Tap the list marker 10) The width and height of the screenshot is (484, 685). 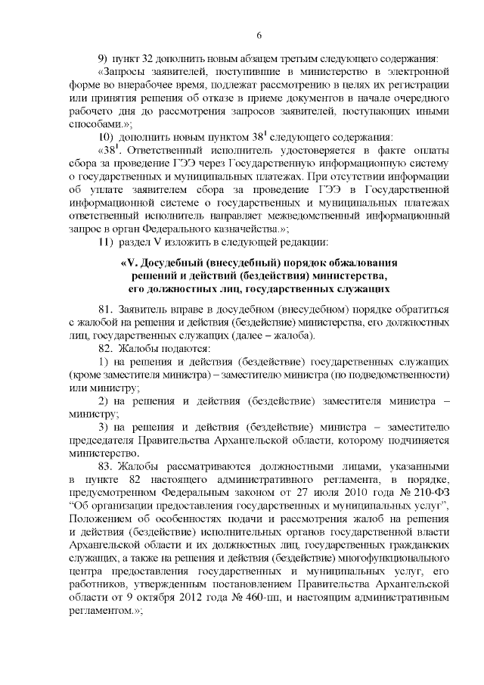coord(107,137)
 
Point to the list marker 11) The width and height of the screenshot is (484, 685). coord(106,242)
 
